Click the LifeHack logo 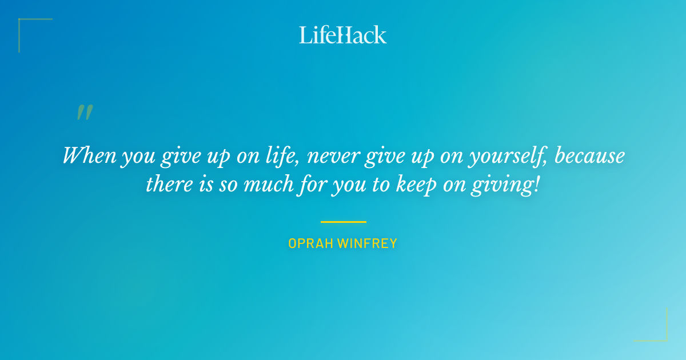point(343,35)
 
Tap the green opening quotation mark point(84,113)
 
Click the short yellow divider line point(343,222)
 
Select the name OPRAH point(310,243)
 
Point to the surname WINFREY point(368,243)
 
